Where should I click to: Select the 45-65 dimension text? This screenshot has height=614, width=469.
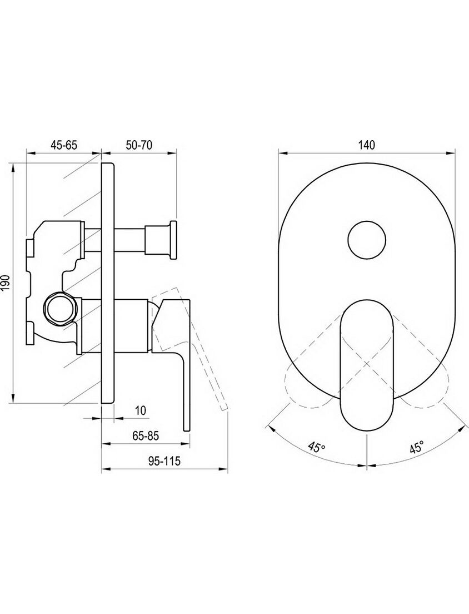tap(64, 145)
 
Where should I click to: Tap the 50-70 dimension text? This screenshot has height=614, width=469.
tap(139, 145)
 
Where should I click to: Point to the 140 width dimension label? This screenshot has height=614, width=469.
tap(366, 145)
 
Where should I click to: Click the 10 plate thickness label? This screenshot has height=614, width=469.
tap(140, 410)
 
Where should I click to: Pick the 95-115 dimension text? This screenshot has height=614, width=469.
tap(164, 461)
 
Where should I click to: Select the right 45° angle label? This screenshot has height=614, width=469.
tap(416, 447)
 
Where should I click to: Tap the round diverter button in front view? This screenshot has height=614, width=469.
tap(367, 239)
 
